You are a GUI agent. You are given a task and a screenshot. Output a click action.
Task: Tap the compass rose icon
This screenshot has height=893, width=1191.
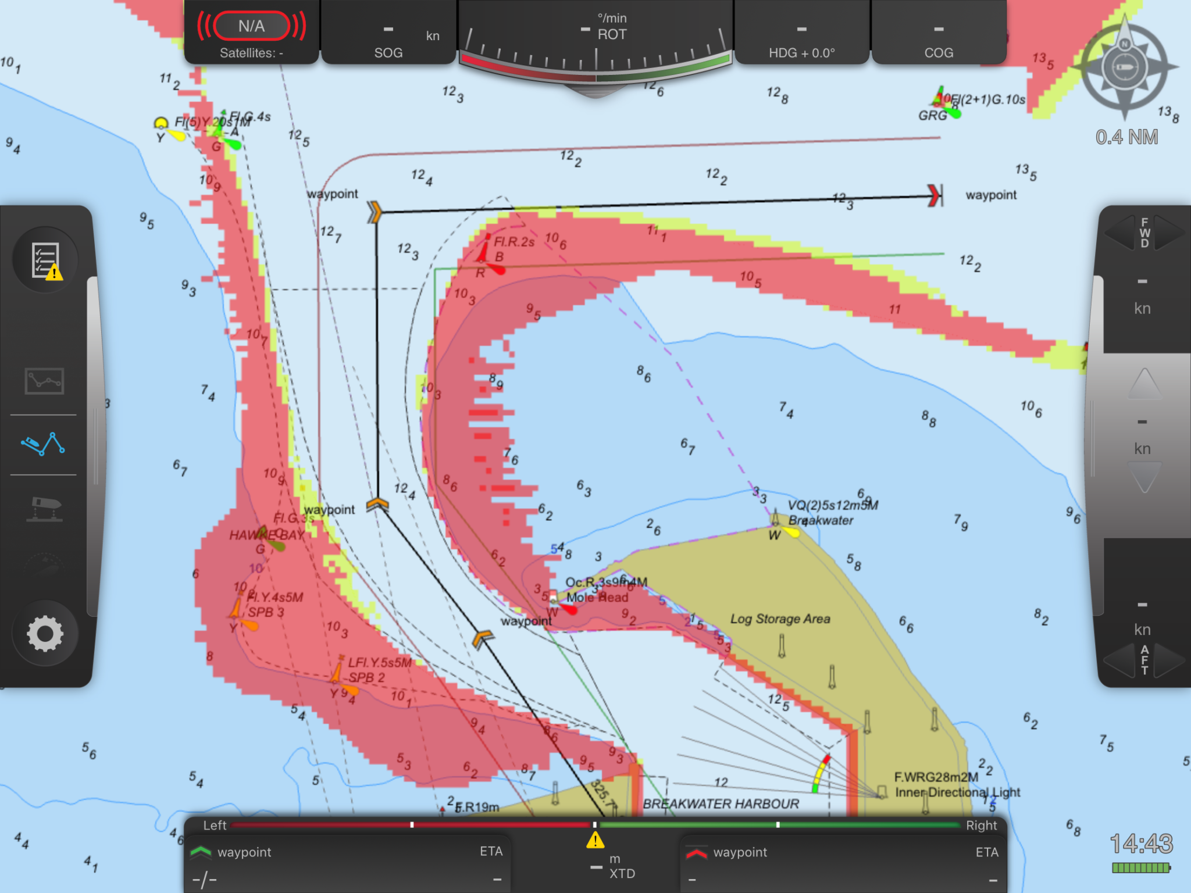[1124, 67]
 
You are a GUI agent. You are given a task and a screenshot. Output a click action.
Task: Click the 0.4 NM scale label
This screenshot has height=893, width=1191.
[1126, 137]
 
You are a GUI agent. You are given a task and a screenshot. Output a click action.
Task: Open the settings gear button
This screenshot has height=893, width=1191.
[45, 633]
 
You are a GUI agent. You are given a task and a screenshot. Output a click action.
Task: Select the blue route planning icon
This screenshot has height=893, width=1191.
[43, 444]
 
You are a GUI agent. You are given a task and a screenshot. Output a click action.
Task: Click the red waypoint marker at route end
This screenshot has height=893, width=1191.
[935, 195]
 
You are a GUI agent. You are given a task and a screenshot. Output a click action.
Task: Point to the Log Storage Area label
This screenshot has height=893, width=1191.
[780, 619]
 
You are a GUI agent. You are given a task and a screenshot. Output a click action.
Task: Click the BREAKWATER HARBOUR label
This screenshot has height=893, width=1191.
[721, 804]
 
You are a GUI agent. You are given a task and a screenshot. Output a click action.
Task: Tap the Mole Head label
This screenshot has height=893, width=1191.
[597, 598]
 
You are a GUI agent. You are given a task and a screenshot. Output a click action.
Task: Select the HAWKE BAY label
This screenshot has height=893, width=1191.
[266, 535]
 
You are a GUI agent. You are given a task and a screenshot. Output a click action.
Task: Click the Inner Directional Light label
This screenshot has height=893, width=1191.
[957, 792]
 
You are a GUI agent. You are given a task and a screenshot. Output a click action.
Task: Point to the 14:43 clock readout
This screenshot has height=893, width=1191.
[1141, 844]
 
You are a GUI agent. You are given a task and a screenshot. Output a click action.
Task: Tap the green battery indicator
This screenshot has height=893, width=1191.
[1140, 868]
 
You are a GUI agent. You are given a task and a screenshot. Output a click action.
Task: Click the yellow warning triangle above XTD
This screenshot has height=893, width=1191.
[595, 840]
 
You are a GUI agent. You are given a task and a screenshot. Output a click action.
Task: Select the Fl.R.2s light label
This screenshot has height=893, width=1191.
[514, 242]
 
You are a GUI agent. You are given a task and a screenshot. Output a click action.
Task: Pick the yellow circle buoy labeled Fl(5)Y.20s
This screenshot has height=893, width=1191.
[161, 123]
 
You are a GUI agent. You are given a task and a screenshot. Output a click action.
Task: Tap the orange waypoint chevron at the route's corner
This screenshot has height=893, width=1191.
[375, 212]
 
